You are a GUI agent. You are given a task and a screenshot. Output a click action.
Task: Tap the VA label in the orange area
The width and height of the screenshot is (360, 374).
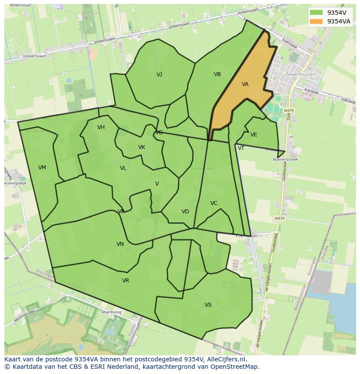coord(245,84)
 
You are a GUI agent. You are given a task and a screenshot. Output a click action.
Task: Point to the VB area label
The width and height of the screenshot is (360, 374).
coord(217,74)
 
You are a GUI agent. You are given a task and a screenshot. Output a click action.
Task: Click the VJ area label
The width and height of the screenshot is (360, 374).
coord(160,75)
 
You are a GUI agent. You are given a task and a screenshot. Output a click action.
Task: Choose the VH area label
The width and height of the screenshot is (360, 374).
coord(101,127)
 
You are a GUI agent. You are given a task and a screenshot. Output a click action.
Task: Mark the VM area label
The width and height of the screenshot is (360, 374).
coord(42,168)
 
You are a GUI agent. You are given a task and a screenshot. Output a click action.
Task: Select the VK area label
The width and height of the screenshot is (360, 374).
coord(142,147)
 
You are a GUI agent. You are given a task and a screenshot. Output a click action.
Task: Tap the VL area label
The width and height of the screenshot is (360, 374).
coord(123,168)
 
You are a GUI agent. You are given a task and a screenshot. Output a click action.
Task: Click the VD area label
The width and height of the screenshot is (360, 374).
coord(185,212)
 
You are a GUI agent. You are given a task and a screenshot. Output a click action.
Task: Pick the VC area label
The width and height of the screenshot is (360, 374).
coord(214,203)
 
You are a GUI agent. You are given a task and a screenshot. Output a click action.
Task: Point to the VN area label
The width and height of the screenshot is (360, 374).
coord(120,244)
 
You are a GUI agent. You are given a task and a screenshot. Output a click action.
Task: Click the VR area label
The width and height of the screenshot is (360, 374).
coord(126,281)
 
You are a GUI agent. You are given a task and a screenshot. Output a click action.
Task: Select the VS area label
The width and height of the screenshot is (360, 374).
coord(208,305)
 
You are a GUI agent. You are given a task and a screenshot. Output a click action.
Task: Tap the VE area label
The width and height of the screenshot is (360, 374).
coord(254,135)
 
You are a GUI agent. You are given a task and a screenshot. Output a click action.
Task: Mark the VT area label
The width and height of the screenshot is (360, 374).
coord(241,148)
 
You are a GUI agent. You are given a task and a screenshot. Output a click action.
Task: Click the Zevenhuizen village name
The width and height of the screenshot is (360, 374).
coord(300,75)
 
